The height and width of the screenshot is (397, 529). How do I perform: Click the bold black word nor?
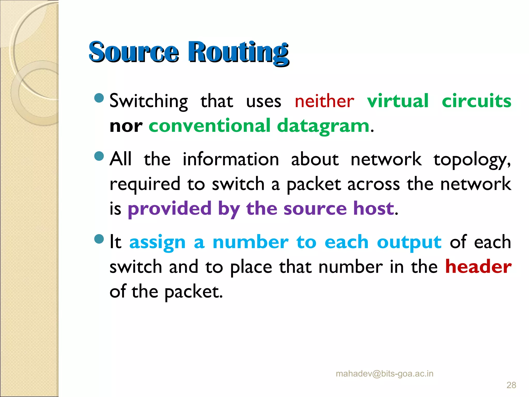point(126,126)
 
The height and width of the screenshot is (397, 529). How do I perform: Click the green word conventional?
point(209,126)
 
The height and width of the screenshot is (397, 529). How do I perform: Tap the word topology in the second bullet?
point(472,160)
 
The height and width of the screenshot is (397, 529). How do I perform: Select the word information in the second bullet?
point(231,159)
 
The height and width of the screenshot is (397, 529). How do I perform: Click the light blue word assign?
point(157,242)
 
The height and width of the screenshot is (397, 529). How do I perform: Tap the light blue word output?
point(409,242)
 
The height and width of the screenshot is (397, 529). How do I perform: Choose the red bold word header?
point(478,267)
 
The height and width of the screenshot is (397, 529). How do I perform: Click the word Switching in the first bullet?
point(149,101)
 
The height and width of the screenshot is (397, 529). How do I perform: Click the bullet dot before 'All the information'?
point(99,156)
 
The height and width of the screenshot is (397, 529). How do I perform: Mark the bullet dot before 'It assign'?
point(99,239)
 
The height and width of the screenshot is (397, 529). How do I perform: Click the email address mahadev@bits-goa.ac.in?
point(384,374)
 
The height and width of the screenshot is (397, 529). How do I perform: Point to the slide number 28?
point(511,385)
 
